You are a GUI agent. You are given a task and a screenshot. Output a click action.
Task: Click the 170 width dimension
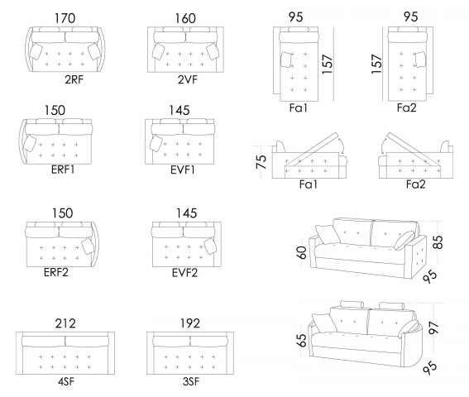point(65,18)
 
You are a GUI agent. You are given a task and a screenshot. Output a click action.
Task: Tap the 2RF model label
point(74,79)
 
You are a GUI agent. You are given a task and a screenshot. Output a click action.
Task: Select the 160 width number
point(185,18)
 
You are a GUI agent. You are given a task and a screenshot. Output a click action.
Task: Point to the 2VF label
point(188,79)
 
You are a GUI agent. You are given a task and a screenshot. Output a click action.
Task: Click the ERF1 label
point(63,170)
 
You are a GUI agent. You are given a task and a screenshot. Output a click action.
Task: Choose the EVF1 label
point(183,170)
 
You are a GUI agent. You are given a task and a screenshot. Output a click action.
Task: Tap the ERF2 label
point(56,272)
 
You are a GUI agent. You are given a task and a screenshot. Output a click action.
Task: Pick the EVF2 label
point(184,273)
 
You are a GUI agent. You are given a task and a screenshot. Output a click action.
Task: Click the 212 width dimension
point(65,323)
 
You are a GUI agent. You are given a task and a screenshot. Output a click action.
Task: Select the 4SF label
point(66,381)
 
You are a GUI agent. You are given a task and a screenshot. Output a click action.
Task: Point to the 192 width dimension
point(190,323)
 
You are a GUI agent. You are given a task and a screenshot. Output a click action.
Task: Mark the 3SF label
point(191,381)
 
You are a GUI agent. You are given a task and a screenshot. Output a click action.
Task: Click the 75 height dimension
point(261,162)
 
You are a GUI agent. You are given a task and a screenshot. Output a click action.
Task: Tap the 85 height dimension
point(438,242)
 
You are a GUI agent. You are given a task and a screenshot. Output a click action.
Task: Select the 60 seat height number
point(302,252)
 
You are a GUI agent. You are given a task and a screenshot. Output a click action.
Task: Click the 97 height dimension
point(434,327)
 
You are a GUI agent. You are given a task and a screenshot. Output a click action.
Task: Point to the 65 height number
point(302,340)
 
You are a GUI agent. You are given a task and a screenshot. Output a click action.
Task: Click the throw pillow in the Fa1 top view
point(286,60)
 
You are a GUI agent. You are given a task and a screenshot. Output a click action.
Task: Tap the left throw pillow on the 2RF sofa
point(36,51)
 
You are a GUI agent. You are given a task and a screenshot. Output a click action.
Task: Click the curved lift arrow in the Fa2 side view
point(382,146)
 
